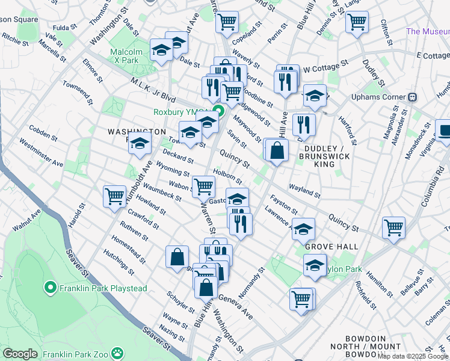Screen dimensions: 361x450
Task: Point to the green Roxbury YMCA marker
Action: tap(218, 111)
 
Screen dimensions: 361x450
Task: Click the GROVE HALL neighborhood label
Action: tap(331, 247)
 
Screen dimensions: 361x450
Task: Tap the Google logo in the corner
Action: tap(20, 354)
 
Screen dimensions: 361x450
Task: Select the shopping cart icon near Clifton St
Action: tap(357, 22)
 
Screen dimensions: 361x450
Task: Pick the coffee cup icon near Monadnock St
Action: tap(444, 131)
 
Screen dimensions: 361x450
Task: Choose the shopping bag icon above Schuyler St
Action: tap(177, 257)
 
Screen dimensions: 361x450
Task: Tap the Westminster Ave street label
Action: tap(42, 153)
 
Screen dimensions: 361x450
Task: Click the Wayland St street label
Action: tap(304, 190)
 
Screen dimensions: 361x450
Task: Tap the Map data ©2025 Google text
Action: tap(413, 356)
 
